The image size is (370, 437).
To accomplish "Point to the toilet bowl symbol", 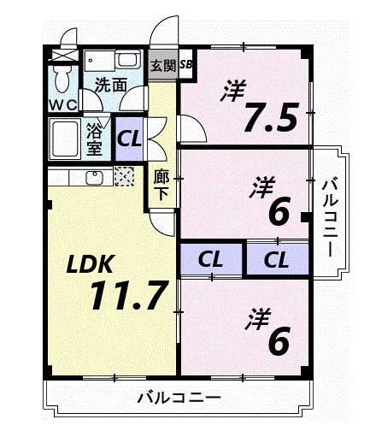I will point(62,81).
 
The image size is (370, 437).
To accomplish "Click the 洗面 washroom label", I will point(110,85).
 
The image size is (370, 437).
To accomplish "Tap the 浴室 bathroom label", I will point(94,139).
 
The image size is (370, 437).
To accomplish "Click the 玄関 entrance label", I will point(162,64).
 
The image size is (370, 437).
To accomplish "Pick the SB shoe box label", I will point(186,64).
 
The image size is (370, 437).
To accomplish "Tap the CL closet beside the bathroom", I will point(130,138).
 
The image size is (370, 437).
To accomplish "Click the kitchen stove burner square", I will point(125,178).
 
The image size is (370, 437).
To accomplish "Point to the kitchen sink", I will point(95,178).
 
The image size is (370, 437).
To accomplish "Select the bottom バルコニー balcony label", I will point(179,398).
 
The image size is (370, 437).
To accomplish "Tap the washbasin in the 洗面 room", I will point(128,62).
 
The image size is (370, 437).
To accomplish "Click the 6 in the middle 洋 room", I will point(278,211).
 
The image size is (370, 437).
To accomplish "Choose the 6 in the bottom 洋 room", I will point(278,340).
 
